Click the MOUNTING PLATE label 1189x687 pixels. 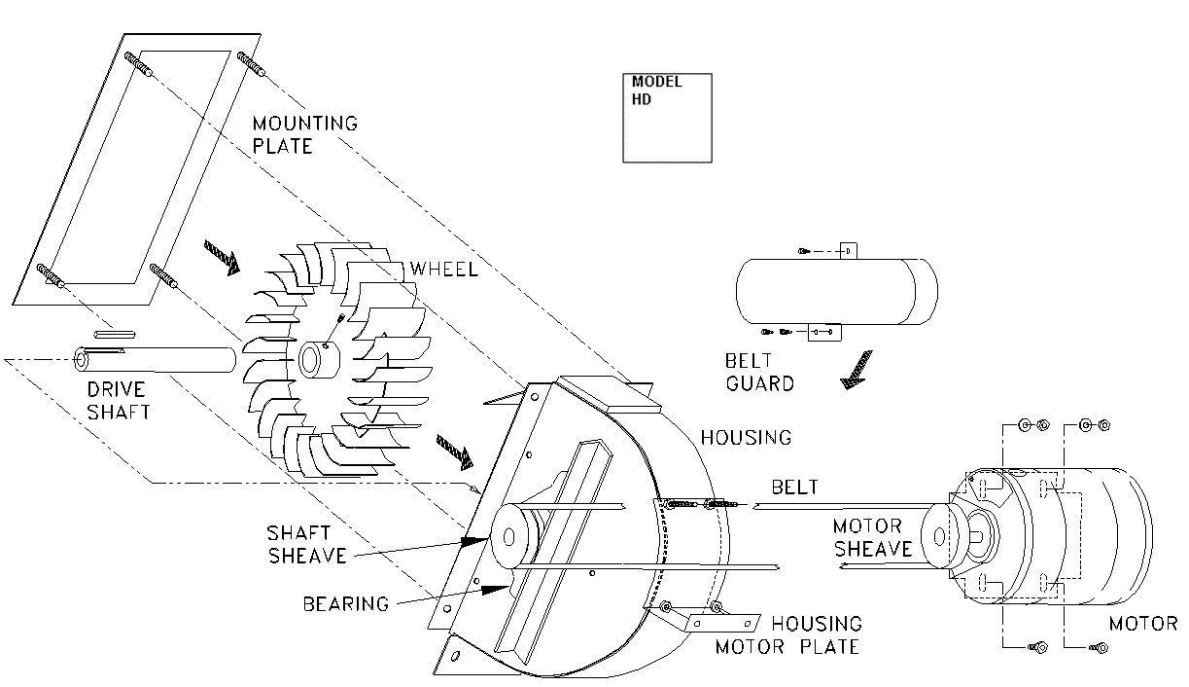[304, 134]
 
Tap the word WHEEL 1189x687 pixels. [443, 269]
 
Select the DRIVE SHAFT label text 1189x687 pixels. [119, 401]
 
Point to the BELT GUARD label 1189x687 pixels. [759, 372]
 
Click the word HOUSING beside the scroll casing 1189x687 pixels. [746, 438]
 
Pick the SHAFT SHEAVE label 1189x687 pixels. [307, 544]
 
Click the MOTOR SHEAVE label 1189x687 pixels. [872, 537]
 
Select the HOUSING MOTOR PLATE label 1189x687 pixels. [787, 634]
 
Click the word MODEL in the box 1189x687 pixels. [656, 82]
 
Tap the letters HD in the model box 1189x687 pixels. [642, 99]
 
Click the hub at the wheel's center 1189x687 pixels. [316, 359]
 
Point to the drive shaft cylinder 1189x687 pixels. [156, 358]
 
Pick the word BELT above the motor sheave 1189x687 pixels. [794, 487]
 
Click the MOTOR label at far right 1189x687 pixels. [1142, 624]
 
